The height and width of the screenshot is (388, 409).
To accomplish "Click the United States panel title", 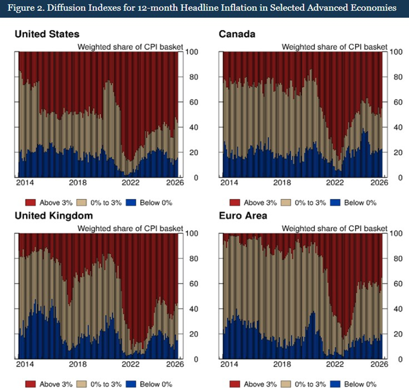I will pyautogui.click(x=47, y=34).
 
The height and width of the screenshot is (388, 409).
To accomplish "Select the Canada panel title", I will pyautogui.click(x=237, y=34).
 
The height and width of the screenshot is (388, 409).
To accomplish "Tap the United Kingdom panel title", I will pyautogui.click(x=54, y=215).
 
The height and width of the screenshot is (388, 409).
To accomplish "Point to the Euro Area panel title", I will pyautogui.click(x=243, y=215).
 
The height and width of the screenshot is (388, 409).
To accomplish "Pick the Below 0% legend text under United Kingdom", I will pyautogui.click(x=156, y=384).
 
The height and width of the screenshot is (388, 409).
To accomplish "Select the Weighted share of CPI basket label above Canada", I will pyautogui.click(x=334, y=47).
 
